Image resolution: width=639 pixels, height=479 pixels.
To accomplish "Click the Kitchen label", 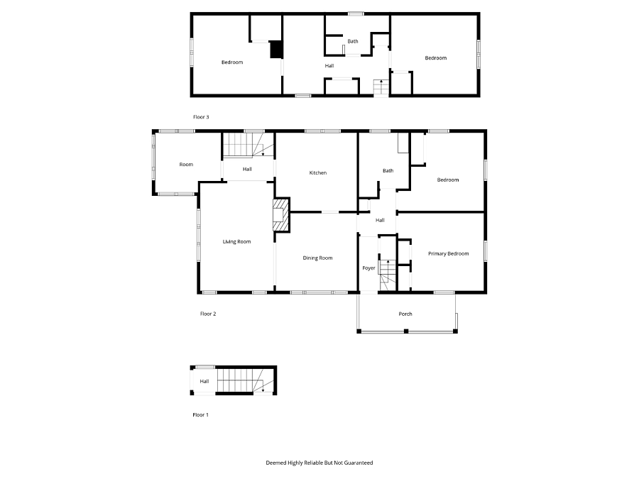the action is (318, 172).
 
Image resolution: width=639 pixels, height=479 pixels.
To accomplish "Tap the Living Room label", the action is (236, 241).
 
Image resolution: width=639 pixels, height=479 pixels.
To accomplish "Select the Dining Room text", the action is (317, 258).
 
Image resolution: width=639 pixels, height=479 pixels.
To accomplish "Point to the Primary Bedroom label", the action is (448, 253).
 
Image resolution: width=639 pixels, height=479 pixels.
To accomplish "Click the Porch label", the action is (405, 314).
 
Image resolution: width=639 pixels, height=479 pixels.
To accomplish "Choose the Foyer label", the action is (368, 268).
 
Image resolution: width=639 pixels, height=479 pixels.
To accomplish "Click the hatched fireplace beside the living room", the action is (281, 215).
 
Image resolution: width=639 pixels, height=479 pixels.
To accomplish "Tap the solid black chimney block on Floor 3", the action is (276, 49).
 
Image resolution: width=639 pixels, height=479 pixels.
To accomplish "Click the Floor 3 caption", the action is (201, 117).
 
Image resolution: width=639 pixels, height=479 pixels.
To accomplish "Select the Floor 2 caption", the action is (208, 314).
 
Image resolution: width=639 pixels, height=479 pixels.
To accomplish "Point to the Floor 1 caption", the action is (200, 414).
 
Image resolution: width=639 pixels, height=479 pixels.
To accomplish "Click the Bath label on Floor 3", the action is (353, 41).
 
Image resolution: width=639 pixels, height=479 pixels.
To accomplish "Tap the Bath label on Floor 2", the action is (388, 170).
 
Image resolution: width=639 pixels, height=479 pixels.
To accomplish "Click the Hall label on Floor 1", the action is (204, 381).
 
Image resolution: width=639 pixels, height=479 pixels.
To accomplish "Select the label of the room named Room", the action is (186, 165).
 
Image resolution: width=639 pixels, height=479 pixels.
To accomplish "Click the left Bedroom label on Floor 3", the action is (232, 62).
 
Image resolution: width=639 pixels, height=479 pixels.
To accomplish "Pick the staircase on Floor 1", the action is (245, 380).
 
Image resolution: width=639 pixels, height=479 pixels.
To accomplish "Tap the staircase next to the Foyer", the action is (388, 275).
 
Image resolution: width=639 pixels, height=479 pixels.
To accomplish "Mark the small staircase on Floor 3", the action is (381, 87).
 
